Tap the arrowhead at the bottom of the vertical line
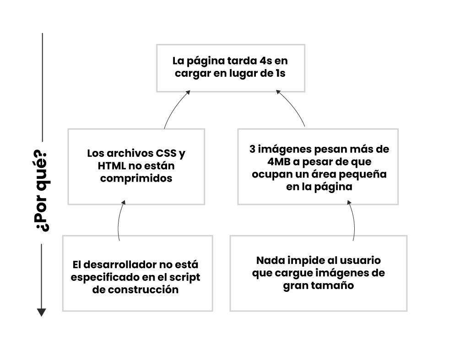click(42, 312)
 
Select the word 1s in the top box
click(281, 73)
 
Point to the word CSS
click(166, 153)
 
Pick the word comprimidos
click(136, 178)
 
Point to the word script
click(184, 278)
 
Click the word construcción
click(142, 290)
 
